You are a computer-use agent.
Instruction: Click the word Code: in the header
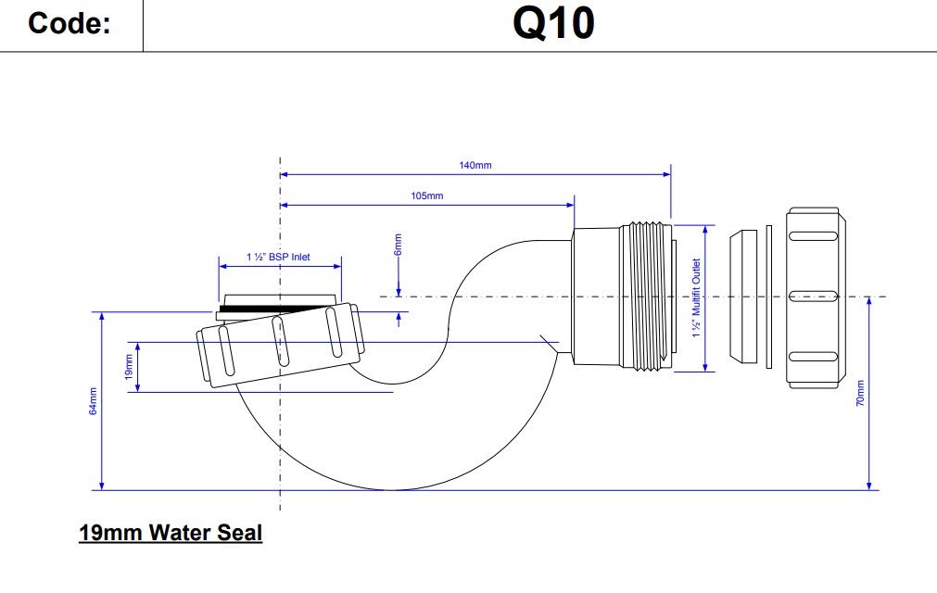[x=70, y=24]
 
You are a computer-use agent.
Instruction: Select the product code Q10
[x=553, y=24]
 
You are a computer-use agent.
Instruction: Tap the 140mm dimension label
[x=475, y=165]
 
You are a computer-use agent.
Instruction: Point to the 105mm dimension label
[x=427, y=196]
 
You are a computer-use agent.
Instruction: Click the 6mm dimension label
[x=399, y=245]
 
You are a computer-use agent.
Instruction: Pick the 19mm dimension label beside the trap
[x=129, y=367]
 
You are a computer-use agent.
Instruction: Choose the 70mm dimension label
[x=860, y=394]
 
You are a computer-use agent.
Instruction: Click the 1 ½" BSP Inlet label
[x=278, y=257]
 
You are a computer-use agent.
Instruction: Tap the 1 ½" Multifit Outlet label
[x=696, y=297]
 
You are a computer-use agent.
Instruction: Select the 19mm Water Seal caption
[x=171, y=534]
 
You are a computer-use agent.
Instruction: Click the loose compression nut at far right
[x=817, y=297]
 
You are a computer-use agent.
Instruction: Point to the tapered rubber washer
[x=741, y=297]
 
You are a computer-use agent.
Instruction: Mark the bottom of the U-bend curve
[x=394, y=488]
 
